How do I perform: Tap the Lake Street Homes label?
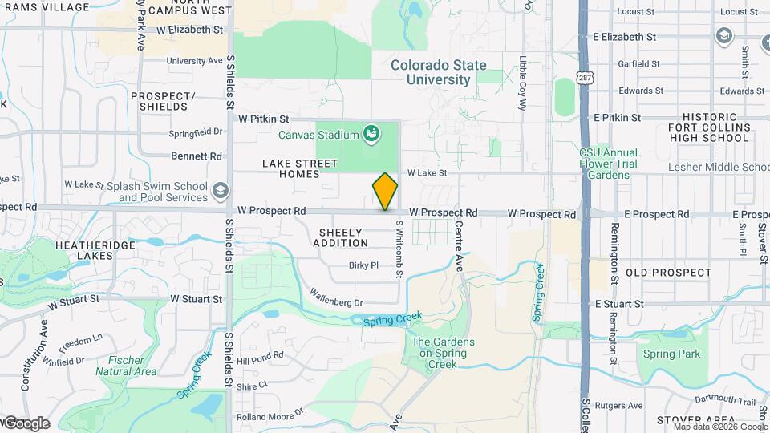[x=290, y=168]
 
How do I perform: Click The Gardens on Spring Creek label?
[x=443, y=353]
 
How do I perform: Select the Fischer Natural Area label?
[x=126, y=366]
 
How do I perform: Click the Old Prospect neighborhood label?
[x=668, y=273]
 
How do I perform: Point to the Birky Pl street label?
[x=363, y=265]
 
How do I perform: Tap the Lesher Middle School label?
[x=718, y=167]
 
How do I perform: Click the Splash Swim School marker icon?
[x=220, y=191]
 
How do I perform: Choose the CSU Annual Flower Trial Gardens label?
[x=609, y=164]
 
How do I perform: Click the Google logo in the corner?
[x=26, y=423]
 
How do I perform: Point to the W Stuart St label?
[x=197, y=299]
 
